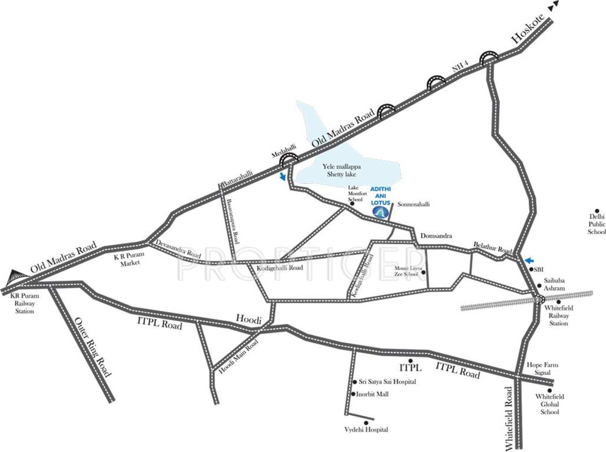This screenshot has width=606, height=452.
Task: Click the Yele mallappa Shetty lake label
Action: point(348,171)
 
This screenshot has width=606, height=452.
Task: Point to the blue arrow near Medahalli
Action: point(283,176)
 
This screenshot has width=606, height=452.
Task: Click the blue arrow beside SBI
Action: point(530,260)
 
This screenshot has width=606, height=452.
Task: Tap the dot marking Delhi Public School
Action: point(597,211)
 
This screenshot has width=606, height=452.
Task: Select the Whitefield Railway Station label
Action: point(557,315)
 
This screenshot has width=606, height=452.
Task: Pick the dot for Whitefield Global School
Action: point(550,390)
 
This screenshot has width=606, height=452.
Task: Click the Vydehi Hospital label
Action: point(366,430)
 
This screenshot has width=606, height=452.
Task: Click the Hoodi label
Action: point(248,317)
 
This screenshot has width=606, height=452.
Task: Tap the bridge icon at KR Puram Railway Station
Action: point(16,276)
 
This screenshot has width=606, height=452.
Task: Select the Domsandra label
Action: point(435,236)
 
